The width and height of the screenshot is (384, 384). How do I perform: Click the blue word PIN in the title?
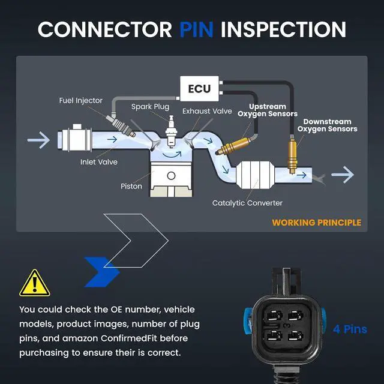click(x=196, y=29)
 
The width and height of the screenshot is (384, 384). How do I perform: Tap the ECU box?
click(x=199, y=89)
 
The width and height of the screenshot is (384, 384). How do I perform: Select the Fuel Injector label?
click(x=80, y=100)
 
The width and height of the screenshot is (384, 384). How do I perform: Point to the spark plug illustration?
click(x=170, y=131)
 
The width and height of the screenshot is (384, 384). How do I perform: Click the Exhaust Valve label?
click(x=207, y=111)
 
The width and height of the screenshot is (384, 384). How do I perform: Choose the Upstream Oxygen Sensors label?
click(x=268, y=110)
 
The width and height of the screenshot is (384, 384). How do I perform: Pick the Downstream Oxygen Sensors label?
click(x=327, y=125)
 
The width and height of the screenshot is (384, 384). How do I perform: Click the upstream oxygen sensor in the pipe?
click(x=234, y=146)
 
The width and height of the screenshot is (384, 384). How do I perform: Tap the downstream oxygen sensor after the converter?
click(x=292, y=155)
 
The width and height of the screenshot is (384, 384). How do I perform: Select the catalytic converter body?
click(x=255, y=175)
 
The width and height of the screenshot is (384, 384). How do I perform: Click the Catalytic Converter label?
click(x=247, y=203)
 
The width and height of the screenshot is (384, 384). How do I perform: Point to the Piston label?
click(x=131, y=186)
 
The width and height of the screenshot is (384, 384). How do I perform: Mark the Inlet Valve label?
click(x=99, y=162)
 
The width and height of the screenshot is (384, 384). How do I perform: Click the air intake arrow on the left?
click(x=38, y=140)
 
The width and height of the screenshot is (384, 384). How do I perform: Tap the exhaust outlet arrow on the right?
click(x=343, y=175)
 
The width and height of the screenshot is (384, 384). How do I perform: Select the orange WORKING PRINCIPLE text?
click(x=316, y=223)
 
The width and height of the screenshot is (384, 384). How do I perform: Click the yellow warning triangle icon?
click(x=35, y=283)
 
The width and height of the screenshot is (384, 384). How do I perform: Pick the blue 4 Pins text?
click(x=350, y=329)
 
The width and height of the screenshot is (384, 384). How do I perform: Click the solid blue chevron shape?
click(x=102, y=272)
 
